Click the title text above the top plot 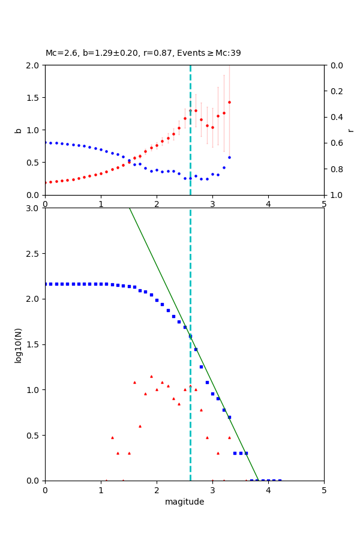coord(143,53)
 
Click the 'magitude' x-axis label coord(184,502)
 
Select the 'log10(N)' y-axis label coord(18,344)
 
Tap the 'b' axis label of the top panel coord(18,130)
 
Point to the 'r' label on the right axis coord(350,130)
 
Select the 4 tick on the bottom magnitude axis coord(268,490)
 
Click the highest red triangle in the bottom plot coord(151,376)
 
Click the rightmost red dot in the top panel coord(229,102)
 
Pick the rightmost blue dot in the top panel coord(229,157)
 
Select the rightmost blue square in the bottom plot coord(280,481)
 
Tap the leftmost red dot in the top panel coord(45,182)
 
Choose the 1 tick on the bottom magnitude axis coord(101,490)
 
